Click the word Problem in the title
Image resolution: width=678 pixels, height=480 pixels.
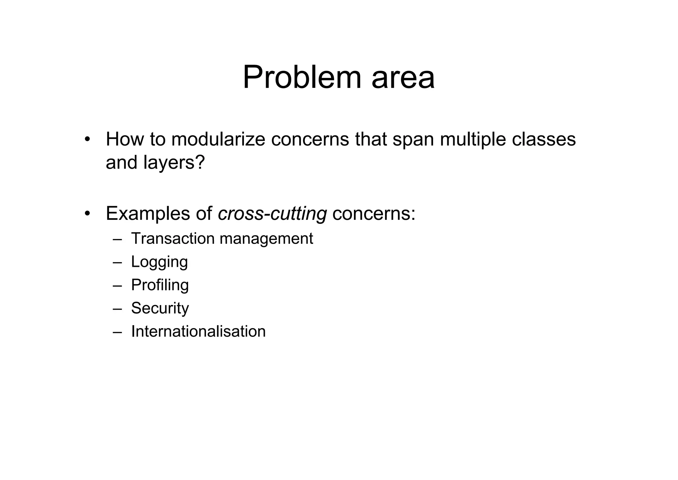(302, 78)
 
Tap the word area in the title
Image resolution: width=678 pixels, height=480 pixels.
(403, 78)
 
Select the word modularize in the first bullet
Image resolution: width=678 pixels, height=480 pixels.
(218, 139)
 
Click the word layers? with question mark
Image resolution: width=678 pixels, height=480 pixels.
(174, 162)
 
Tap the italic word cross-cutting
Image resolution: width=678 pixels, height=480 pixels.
(272, 213)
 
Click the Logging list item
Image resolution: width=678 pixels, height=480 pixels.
(159, 262)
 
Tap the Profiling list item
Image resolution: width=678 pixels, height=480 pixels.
(160, 285)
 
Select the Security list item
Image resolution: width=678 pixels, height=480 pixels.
(160, 308)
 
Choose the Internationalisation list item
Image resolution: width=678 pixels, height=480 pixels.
(198, 331)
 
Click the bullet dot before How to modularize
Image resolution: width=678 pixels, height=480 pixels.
(87, 139)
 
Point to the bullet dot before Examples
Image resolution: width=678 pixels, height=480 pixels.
(87, 213)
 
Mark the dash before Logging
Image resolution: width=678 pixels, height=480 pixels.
(117, 262)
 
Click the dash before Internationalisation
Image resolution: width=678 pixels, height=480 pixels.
(117, 332)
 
